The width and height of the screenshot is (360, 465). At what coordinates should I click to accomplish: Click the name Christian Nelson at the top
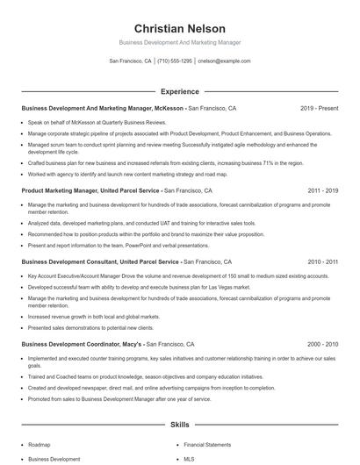[179, 29]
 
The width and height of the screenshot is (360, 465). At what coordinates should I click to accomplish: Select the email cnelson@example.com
[224, 61]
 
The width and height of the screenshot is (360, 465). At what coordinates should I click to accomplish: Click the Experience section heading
[179, 91]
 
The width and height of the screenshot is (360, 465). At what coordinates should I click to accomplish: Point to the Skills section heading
[179, 426]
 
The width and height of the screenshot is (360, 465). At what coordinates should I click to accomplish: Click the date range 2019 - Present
[319, 109]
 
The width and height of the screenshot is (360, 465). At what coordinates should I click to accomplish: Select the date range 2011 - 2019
[322, 190]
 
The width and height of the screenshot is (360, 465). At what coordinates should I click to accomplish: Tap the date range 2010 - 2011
[322, 261]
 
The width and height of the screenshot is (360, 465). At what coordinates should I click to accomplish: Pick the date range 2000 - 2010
[322, 344]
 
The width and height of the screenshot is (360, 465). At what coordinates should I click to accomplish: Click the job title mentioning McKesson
[103, 109]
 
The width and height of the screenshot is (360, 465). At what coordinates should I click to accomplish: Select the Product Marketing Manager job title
[90, 190]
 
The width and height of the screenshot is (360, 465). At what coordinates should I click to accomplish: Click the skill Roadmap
[39, 445]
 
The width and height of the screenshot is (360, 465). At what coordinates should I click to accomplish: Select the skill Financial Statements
[208, 445]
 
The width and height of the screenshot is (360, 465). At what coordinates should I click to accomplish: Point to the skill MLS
[189, 458]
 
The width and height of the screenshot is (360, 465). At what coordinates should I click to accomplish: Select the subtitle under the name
[179, 42]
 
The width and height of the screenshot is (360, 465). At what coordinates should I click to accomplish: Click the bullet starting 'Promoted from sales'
[119, 398]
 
